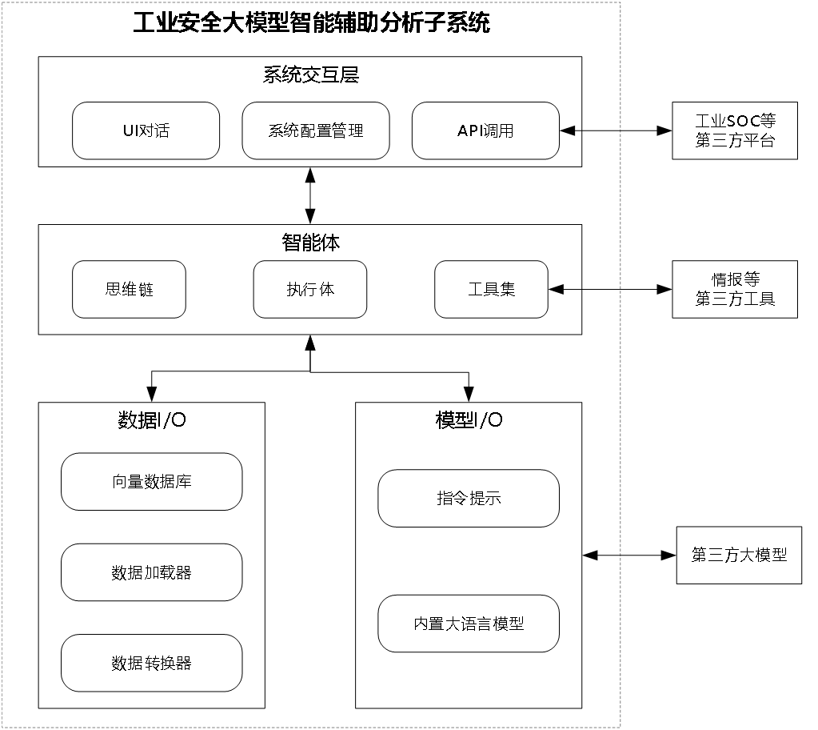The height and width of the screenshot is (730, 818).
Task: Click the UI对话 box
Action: (x=146, y=130)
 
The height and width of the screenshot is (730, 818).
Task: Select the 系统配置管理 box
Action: (x=316, y=130)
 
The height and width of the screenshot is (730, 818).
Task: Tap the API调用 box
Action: (x=485, y=130)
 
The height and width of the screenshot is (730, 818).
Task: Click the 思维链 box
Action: (x=129, y=289)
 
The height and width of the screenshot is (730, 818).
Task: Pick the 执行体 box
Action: (x=310, y=289)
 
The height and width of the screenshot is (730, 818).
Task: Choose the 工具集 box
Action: (x=491, y=289)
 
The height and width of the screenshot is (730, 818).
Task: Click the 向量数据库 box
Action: (x=151, y=482)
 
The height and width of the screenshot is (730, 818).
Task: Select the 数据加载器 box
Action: (x=151, y=572)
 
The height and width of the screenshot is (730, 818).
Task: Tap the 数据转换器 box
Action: (x=151, y=663)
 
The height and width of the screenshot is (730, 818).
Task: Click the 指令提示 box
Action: (x=469, y=498)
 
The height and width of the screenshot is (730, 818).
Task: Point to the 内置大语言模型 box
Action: (x=469, y=624)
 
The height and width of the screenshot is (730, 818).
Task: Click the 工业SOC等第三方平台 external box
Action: (x=735, y=130)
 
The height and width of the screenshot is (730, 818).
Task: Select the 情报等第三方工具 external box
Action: (x=735, y=289)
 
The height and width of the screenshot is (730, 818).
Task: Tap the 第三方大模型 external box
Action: (x=739, y=555)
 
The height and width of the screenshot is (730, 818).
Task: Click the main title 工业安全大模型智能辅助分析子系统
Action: (x=310, y=22)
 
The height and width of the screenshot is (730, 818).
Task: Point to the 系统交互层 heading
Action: (x=310, y=75)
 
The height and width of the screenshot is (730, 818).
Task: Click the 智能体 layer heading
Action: (x=310, y=243)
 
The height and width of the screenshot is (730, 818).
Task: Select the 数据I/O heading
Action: (x=152, y=420)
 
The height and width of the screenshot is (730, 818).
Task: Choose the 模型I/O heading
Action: (x=469, y=420)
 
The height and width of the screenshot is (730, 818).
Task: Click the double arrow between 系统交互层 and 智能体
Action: (x=310, y=195)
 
